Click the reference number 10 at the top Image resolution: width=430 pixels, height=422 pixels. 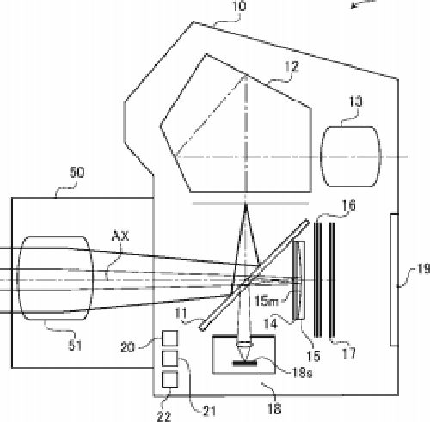(x=238, y=6)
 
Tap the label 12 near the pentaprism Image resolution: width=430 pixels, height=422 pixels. (x=292, y=67)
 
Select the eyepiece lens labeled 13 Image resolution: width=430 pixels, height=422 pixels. (x=351, y=156)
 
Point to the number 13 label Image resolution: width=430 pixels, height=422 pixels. (x=355, y=101)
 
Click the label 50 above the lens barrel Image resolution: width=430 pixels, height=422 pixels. (x=77, y=173)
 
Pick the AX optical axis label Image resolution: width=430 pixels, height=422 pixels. (x=120, y=235)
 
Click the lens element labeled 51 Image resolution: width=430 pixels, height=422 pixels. (x=55, y=278)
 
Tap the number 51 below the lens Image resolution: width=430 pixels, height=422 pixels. (x=75, y=346)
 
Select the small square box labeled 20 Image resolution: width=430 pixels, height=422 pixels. (x=169, y=339)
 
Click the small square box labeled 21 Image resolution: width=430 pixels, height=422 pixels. (x=169, y=358)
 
